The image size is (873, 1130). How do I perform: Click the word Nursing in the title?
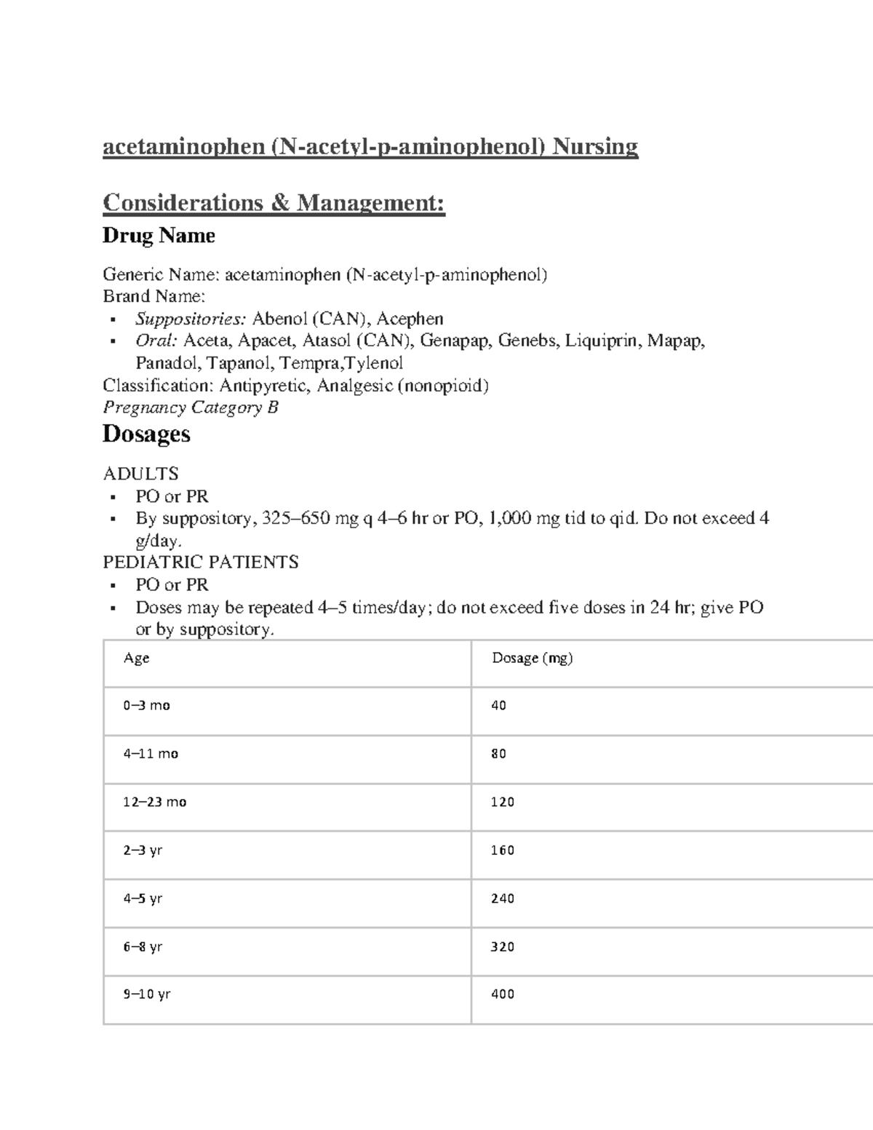pyautogui.click(x=594, y=147)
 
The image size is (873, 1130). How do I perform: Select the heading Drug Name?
pyautogui.click(x=159, y=236)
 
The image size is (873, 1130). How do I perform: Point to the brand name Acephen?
pyautogui.click(x=410, y=319)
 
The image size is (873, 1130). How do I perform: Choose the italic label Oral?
pyautogui.click(x=156, y=341)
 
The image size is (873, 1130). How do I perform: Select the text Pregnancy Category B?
pyautogui.click(x=191, y=407)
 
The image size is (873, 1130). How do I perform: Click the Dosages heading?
pyautogui.click(x=146, y=434)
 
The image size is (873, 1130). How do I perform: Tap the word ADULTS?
pyautogui.click(x=140, y=474)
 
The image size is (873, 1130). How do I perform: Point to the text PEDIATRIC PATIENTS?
pyautogui.click(x=201, y=562)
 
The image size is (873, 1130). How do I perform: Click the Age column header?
pyautogui.click(x=136, y=658)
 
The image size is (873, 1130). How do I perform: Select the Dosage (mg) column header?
pyautogui.click(x=533, y=658)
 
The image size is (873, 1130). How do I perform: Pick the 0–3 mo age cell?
pyautogui.click(x=146, y=706)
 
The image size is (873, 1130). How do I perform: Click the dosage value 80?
pyautogui.click(x=498, y=755)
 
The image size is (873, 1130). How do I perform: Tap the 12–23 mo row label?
pyautogui.click(x=154, y=803)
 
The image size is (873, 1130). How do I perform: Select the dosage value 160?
pyautogui.click(x=503, y=851)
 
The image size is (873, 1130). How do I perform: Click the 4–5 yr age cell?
pyautogui.click(x=143, y=899)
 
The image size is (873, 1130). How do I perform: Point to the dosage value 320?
pyautogui.click(x=503, y=947)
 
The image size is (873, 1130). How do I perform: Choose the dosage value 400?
pyautogui.click(x=503, y=995)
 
